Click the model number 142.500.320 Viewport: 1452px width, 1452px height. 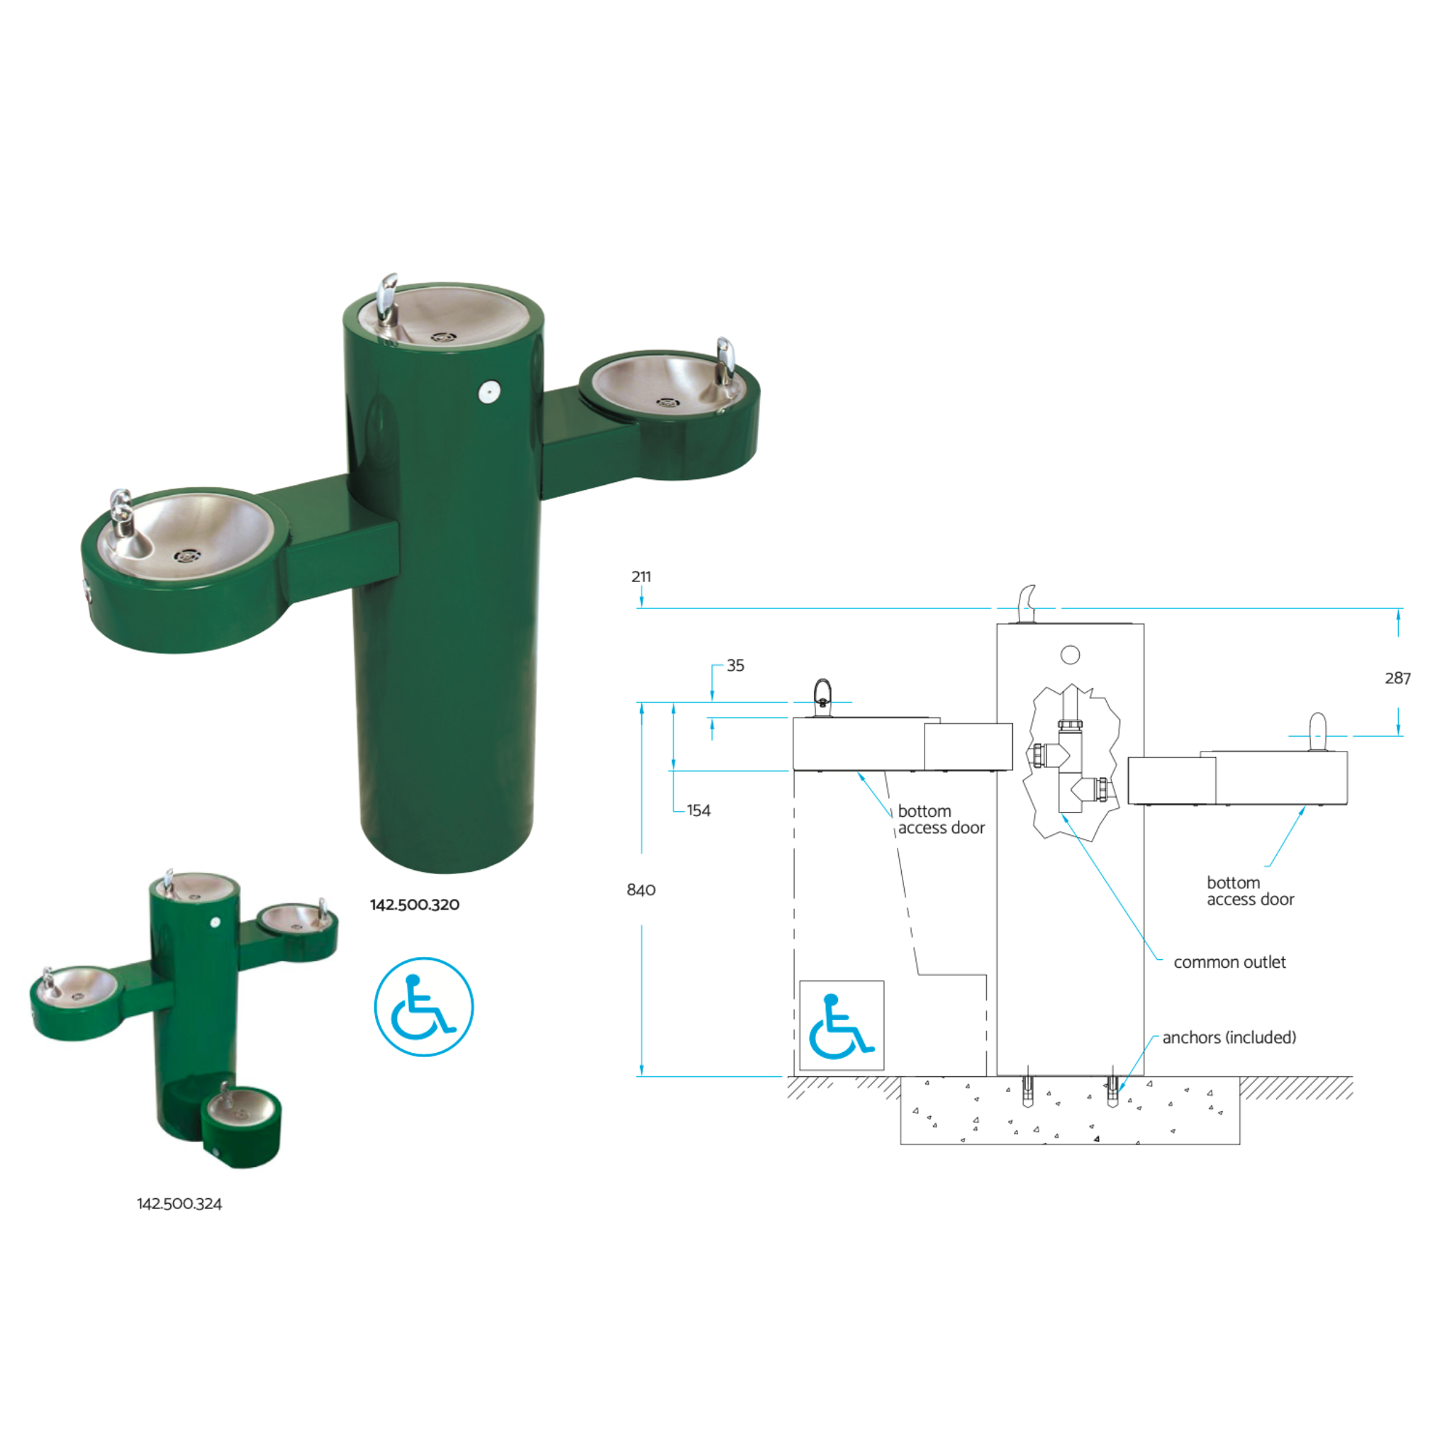click(414, 905)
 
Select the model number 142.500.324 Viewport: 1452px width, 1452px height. click(179, 1204)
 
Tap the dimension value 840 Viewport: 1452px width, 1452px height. click(641, 890)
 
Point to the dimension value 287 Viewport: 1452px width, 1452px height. click(1397, 678)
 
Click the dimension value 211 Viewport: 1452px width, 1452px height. click(641, 576)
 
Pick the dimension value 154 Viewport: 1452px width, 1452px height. click(698, 810)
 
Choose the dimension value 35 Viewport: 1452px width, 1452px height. click(735, 665)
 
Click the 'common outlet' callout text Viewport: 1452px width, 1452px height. click(1229, 962)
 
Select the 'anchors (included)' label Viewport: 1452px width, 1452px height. click(1229, 1037)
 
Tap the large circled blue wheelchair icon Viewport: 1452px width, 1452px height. click(424, 1006)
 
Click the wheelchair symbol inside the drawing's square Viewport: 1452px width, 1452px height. click(841, 1026)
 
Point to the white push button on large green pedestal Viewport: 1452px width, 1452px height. click(489, 390)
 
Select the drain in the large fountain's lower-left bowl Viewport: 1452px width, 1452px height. click(186, 556)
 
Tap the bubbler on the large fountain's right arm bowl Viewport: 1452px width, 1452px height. click(725, 359)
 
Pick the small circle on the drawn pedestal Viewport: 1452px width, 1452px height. click(1070, 654)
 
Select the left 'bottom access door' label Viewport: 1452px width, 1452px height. click(940, 819)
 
